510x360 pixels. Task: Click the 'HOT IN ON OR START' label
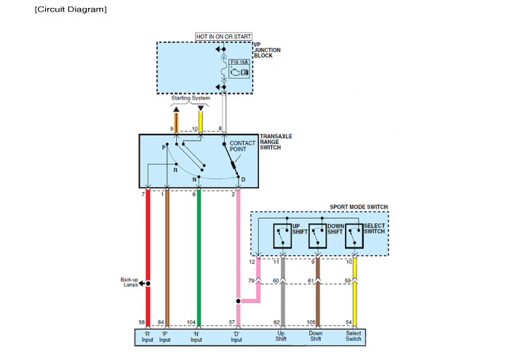(x=223, y=36)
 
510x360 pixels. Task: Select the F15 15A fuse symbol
(x=239, y=68)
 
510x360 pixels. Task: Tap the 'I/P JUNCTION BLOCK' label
(x=266, y=52)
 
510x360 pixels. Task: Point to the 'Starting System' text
(x=191, y=98)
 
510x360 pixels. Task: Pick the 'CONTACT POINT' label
(x=242, y=147)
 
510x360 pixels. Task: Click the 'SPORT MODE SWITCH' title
(x=359, y=207)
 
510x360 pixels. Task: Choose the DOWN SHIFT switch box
(x=318, y=236)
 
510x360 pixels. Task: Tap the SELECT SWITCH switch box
(x=354, y=236)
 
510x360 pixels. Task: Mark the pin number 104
(x=191, y=322)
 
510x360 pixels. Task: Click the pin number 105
(x=311, y=322)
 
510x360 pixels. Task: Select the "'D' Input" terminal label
(x=237, y=337)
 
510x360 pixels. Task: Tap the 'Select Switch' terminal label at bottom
(x=354, y=337)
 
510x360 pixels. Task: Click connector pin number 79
(x=251, y=281)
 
